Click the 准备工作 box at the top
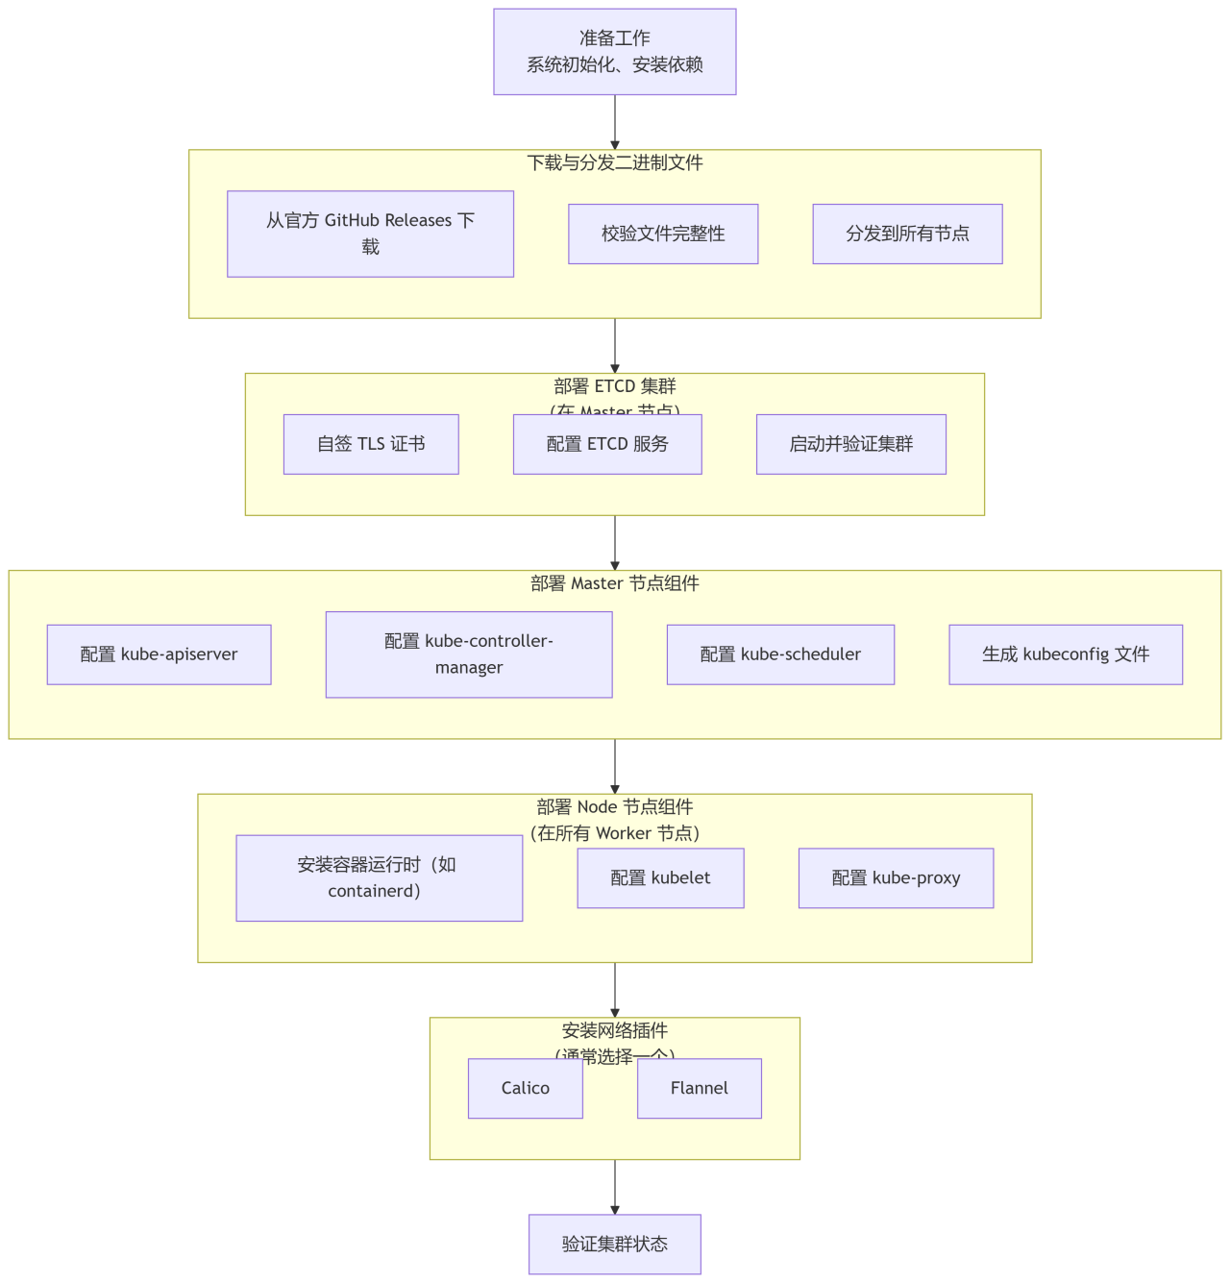click(615, 52)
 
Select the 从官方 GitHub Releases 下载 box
click(370, 234)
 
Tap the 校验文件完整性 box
click(663, 234)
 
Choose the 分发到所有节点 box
click(907, 234)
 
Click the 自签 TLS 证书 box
click(371, 444)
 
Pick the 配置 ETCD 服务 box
click(607, 444)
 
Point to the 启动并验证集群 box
click(850, 444)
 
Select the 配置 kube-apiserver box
click(159, 654)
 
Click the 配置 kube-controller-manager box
click(469, 654)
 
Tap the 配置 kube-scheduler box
click(780, 654)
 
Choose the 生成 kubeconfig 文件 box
click(1066, 654)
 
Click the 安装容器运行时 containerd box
click(379, 877)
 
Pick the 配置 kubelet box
click(660, 877)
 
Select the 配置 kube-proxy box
click(896, 877)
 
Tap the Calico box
click(526, 1088)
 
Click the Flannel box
click(700, 1088)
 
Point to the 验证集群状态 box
click(615, 1244)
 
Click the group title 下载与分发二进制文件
click(615, 163)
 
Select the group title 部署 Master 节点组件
click(615, 583)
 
